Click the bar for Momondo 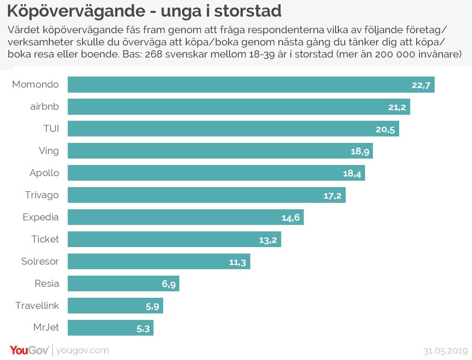(x=251, y=85)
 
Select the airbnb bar (x=239, y=107)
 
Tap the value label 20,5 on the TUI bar (x=385, y=130)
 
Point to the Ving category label (x=49, y=151)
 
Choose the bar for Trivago (x=206, y=195)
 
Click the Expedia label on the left (x=41, y=217)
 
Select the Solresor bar (x=159, y=261)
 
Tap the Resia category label (x=47, y=283)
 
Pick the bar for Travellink (x=115, y=306)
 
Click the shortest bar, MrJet (x=111, y=328)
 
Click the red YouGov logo (x=29, y=350)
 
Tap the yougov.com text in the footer (x=83, y=351)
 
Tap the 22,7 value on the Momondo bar (x=421, y=85)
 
